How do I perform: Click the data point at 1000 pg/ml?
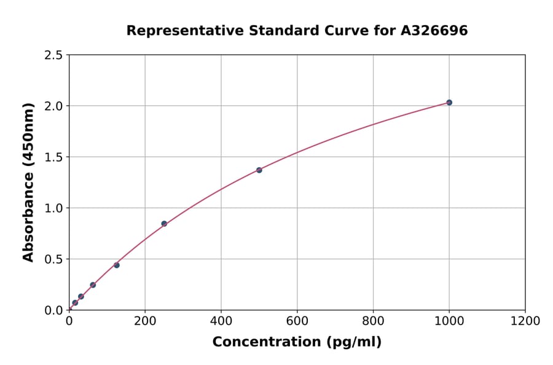(x=449, y=103)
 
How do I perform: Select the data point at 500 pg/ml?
(x=259, y=170)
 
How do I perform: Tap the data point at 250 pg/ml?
(x=164, y=224)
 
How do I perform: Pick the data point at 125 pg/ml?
(x=117, y=265)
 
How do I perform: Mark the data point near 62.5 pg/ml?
(x=93, y=285)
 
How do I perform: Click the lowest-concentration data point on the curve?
(x=75, y=303)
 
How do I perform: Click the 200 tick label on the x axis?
(x=145, y=321)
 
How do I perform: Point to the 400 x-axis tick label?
(x=221, y=321)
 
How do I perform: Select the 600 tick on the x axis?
(x=297, y=321)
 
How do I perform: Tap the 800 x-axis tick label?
(x=373, y=321)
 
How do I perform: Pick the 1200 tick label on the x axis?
(x=525, y=321)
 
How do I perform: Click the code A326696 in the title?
(x=434, y=31)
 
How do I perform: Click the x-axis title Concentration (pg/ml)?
(x=297, y=342)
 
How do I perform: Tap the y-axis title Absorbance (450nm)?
(x=28, y=182)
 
